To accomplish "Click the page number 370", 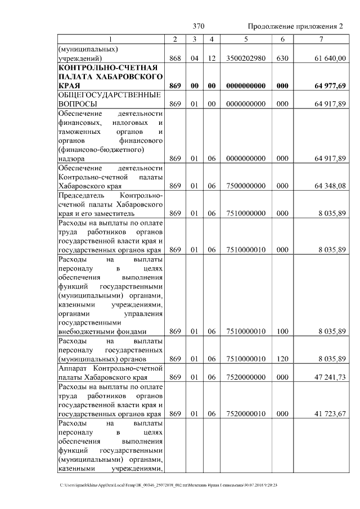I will point(198,26).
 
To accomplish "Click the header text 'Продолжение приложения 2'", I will point(295,26).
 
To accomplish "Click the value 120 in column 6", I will point(282,358).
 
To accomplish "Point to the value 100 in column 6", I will point(282,331).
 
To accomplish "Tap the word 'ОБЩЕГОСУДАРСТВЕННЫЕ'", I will point(110,95).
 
